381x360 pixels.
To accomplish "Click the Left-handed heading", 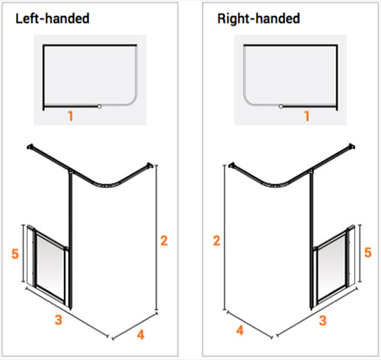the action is tap(53, 18).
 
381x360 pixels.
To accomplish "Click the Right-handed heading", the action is tap(258, 19).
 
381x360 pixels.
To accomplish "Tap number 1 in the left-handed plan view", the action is tap(71, 116).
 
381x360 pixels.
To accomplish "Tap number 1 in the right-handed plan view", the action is tap(307, 116).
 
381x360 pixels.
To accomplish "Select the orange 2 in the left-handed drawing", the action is tap(164, 241).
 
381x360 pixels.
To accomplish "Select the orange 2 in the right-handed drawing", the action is tap(216, 241).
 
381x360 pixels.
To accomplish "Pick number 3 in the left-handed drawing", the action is tap(59, 320).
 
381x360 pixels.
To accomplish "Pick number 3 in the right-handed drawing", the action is tap(322, 320).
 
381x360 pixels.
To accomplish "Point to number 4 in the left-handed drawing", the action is tap(140, 335).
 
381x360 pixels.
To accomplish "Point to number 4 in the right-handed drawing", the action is tap(240, 330).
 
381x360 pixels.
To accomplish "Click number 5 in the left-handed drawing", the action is tap(15, 253).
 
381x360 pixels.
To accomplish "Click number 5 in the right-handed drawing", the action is tap(368, 253).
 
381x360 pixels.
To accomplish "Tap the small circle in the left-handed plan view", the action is tap(100, 107).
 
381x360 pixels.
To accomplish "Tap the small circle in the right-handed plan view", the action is tap(280, 107).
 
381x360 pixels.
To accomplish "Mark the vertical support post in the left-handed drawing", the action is tap(71, 241).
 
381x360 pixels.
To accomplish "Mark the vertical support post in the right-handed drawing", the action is tap(311, 241).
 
